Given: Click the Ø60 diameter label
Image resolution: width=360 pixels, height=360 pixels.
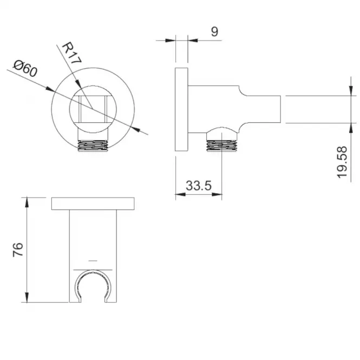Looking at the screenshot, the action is tap(25, 68).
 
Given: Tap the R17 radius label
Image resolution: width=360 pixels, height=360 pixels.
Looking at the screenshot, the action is tap(71, 53).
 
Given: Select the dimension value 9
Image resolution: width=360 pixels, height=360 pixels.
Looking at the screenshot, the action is tap(214, 32).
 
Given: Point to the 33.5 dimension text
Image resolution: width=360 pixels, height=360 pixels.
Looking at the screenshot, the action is tap(198, 186).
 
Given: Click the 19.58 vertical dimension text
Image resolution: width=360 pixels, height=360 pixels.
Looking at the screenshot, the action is tap(342, 162).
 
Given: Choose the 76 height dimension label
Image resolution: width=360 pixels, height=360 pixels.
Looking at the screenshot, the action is tap(18, 250).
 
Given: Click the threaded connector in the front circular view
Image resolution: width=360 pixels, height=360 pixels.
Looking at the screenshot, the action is tap(93, 146).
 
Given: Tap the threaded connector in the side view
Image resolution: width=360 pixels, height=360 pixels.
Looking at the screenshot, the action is tap(221, 146).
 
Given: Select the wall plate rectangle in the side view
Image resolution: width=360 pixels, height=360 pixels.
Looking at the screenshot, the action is tap(181, 109).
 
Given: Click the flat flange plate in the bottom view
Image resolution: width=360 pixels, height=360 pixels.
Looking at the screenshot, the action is tap(93, 204).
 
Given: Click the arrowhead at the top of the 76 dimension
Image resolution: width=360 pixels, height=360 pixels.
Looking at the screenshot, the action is tap(27, 202).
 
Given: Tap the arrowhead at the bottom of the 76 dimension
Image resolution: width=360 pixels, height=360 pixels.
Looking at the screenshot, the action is tap(27, 297).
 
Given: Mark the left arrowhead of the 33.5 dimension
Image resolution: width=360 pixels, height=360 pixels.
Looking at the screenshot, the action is tap(180, 194).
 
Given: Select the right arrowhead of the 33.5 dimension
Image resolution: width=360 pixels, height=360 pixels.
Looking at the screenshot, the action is tap(217, 194).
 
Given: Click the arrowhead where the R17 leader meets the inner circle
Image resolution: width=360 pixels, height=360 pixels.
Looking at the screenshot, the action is tap(78, 84).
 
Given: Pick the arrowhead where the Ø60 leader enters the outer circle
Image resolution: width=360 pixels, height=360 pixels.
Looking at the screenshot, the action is tap(50, 89).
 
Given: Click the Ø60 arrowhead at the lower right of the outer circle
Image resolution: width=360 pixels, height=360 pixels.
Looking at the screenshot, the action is tap(135, 129).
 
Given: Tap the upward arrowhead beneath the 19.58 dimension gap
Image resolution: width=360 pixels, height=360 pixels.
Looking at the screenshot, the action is tap(351, 128).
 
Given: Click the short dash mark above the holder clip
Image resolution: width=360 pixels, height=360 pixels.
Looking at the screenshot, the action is tap(93, 260).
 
